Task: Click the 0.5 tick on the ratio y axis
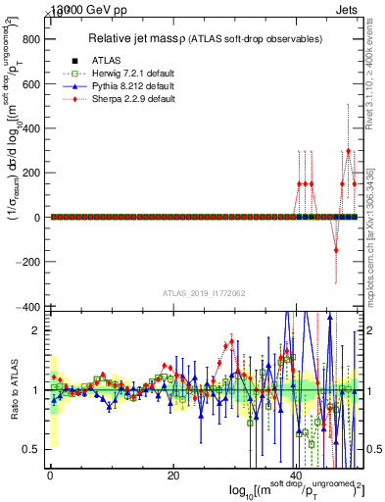(32, 449)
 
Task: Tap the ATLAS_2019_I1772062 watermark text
(203, 293)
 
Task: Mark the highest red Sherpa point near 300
(349, 151)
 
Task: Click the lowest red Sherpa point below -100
(336, 250)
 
